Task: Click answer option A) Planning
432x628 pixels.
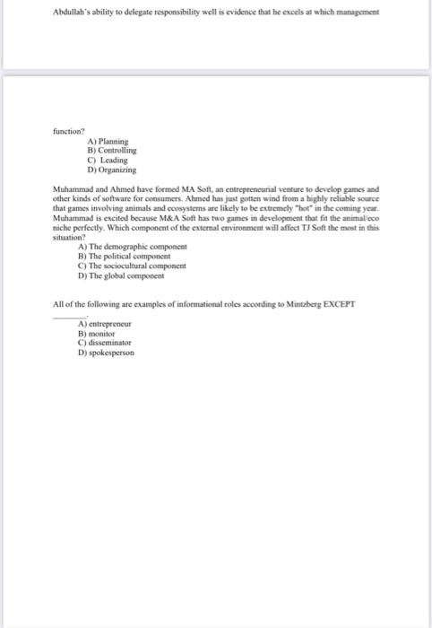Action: click(108, 142)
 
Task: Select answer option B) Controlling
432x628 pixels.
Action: click(111, 151)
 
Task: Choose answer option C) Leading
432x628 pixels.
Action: click(108, 160)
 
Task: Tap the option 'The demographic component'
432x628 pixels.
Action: click(132, 245)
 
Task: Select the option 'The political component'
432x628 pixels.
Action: click(126, 255)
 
